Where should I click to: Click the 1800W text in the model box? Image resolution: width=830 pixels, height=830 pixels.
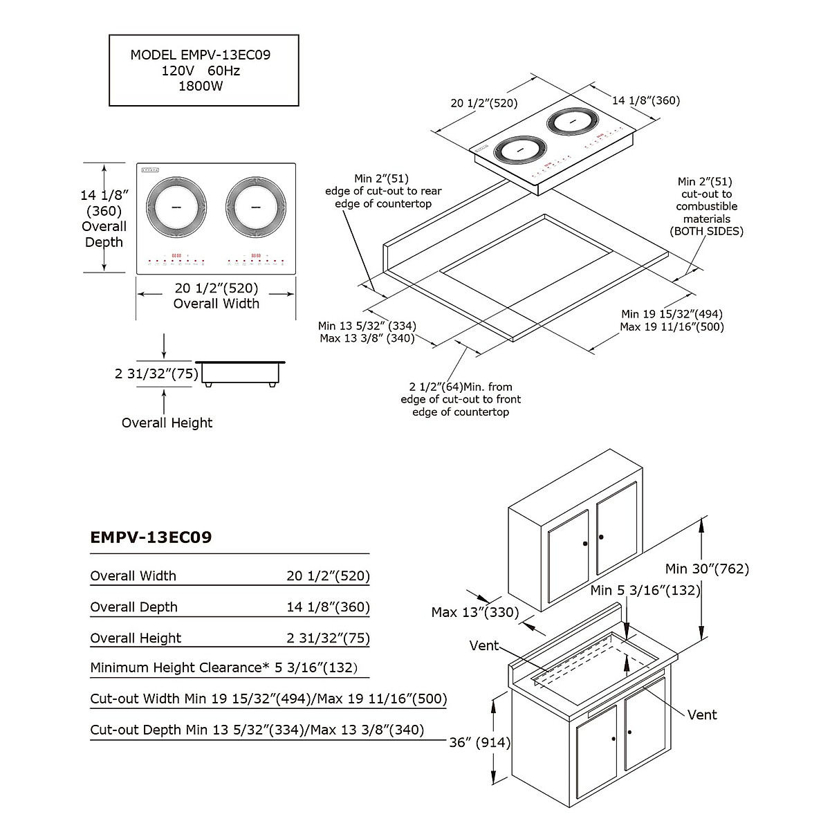pos(201,86)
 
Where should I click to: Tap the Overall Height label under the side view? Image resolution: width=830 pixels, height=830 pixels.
pos(167,423)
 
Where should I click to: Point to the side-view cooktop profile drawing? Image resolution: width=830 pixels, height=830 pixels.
pos(241,373)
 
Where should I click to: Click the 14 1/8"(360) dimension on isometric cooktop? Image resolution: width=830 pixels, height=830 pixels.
pos(645,100)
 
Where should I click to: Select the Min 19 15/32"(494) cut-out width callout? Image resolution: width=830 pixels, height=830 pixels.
pos(672,314)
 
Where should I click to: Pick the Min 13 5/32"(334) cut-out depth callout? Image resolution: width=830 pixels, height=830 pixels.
pos(367,326)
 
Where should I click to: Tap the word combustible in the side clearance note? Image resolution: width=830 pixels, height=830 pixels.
pos(707,206)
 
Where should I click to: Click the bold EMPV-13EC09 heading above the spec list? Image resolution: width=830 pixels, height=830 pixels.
pos(151,537)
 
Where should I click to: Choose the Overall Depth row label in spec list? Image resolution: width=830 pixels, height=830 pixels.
pos(133,607)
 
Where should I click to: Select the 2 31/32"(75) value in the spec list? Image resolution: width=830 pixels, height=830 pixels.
pos(329,638)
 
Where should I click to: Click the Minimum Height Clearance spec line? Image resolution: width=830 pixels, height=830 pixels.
pos(224,667)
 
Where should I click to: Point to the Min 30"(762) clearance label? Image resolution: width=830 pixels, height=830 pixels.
pos(707,569)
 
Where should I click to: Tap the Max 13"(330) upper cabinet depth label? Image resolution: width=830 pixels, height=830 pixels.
pos(474,612)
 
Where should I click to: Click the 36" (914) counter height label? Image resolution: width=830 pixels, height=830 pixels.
pos(479,743)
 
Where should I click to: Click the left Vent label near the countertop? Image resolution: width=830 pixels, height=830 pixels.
pos(483,645)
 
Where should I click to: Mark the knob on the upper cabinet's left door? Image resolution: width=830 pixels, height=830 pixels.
pos(585,544)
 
